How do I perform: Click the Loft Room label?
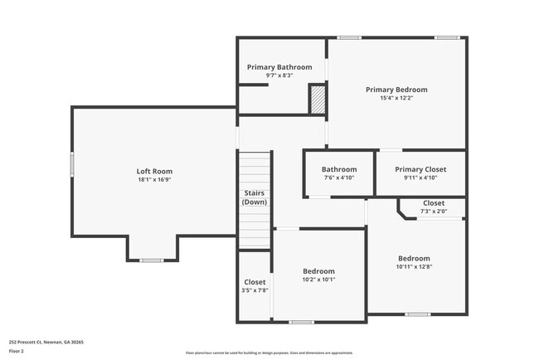tap(155, 172)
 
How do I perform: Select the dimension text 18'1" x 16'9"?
tap(155, 180)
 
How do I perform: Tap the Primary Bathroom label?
tap(279, 67)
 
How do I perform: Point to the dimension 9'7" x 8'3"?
tap(279, 75)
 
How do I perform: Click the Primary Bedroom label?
tap(396, 90)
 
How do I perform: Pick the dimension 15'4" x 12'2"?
tap(396, 98)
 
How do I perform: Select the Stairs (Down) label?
tap(255, 197)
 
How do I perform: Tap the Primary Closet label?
tap(420, 169)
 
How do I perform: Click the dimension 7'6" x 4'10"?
tap(338, 178)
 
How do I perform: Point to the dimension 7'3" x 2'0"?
tap(434, 212)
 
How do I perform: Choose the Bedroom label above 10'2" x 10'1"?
tap(318, 271)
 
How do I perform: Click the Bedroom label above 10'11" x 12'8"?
tap(414, 258)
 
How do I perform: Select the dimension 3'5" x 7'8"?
tap(255, 290)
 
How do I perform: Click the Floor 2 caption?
tap(17, 351)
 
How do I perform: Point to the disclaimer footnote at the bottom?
tap(269, 353)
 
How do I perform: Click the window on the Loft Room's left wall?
tap(72, 163)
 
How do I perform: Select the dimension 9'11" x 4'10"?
tap(420, 178)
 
